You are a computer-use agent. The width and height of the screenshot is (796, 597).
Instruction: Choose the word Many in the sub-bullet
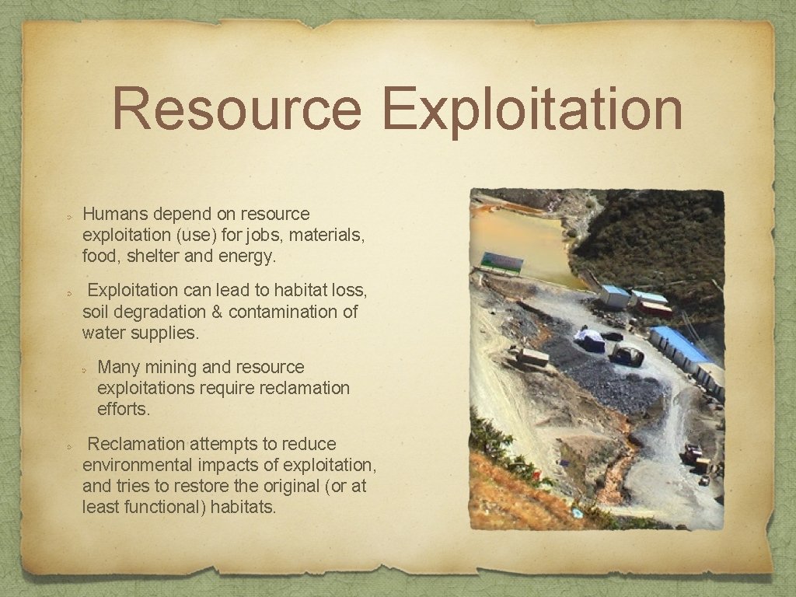pyautogui.click(x=117, y=367)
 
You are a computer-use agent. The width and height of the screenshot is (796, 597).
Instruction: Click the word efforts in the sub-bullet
pyautogui.click(x=124, y=408)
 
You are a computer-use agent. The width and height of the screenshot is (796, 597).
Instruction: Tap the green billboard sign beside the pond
pyautogui.click(x=502, y=262)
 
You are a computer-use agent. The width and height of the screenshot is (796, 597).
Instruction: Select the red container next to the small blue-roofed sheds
pyautogui.click(x=655, y=309)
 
